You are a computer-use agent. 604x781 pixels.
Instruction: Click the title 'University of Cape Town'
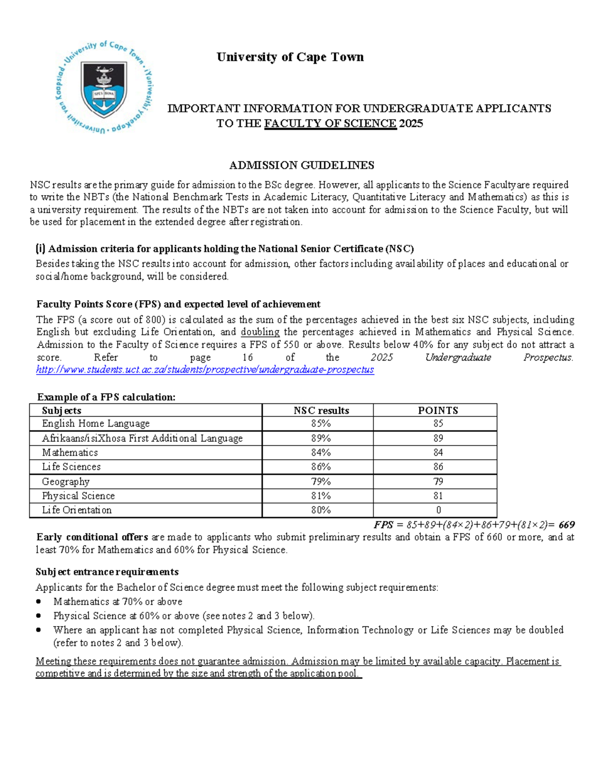tap(290, 57)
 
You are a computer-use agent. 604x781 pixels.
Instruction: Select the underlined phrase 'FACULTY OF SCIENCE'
tap(330, 124)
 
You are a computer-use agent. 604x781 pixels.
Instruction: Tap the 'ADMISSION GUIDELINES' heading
tap(301, 165)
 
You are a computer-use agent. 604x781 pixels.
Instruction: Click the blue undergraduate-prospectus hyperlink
tap(205, 370)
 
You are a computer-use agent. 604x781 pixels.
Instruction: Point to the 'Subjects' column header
tap(61, 410)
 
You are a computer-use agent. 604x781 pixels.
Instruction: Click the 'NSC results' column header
tap(321, 410)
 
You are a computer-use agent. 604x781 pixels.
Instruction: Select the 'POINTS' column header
tap(438, 410)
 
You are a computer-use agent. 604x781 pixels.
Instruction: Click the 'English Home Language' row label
tap(96, 423)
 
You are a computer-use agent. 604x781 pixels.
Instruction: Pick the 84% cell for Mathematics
tap(321, 453)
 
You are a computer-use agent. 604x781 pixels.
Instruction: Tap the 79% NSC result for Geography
tap(321, 482)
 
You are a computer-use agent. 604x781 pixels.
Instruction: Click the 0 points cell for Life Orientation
tap(438, 510)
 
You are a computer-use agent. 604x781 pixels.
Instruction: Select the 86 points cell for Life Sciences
tap(438, 467)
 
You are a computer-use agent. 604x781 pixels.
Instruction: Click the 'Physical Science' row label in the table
tap(79, 496)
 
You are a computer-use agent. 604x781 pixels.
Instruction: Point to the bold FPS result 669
tap(566, 525)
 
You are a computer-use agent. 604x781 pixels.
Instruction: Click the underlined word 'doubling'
tap(260, 332)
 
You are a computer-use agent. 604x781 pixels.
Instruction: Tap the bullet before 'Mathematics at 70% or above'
tap(39, 602)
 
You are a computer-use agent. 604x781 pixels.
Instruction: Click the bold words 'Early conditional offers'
tap(92, 537)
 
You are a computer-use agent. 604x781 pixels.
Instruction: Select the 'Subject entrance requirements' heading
tap(107, 572)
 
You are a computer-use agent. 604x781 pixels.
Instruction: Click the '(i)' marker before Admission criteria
tap(40, 248)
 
